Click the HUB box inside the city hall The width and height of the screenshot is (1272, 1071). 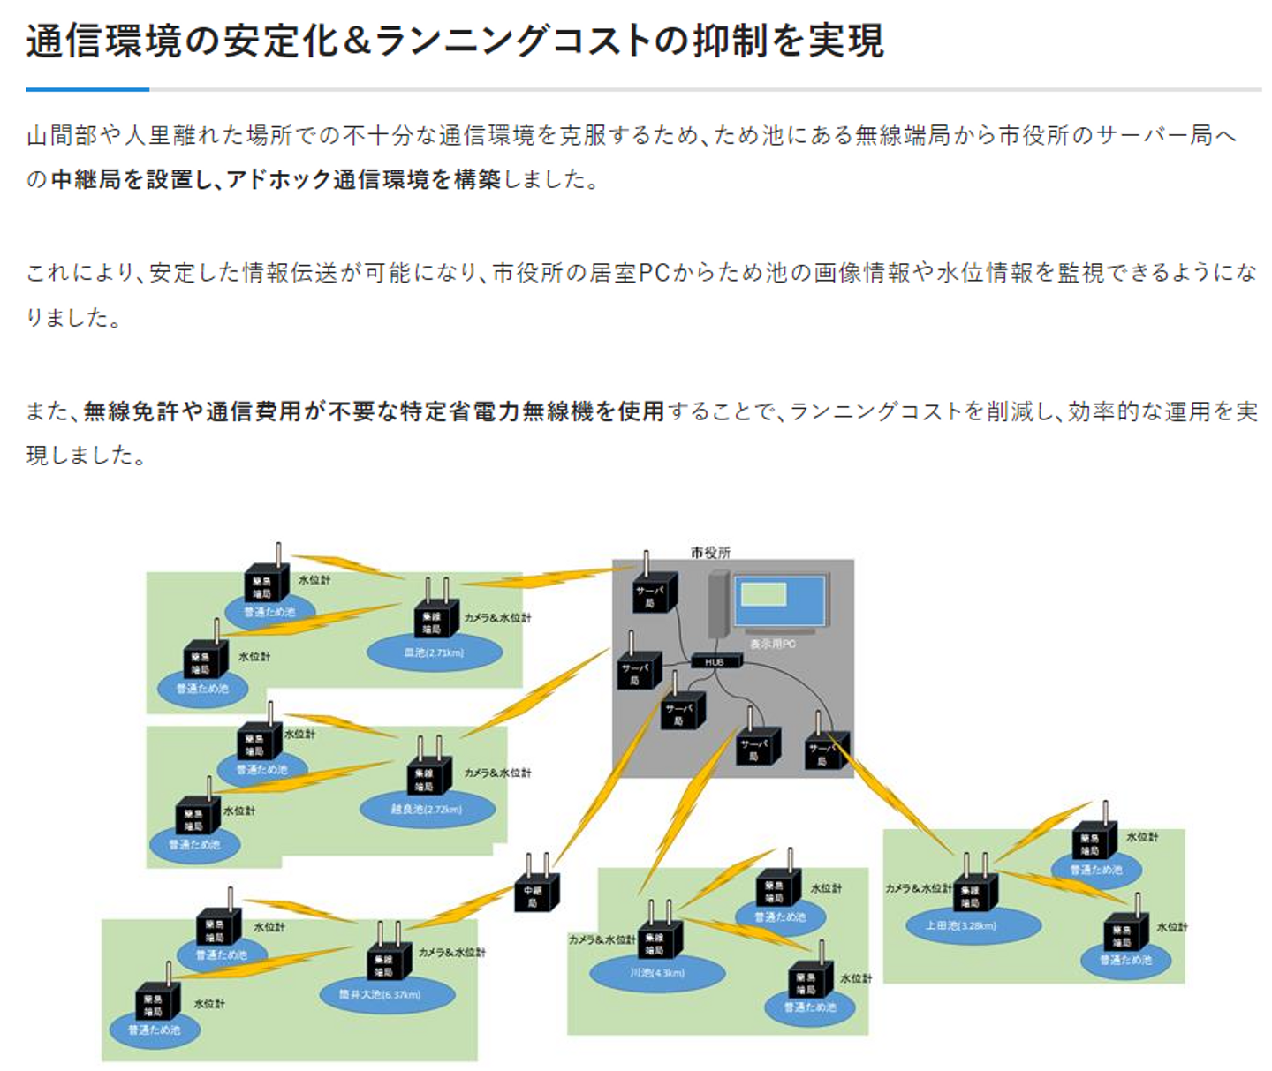[715, 661]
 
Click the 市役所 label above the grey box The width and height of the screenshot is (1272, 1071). [710, 553]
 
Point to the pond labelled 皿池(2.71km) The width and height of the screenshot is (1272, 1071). [433, 653]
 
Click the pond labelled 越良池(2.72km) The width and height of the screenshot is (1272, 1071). [427, 809]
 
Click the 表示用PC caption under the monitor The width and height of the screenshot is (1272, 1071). [773, 644]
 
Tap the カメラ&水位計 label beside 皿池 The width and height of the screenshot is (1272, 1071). [497, 618]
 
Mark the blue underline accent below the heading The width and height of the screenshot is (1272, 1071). [87, 89]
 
